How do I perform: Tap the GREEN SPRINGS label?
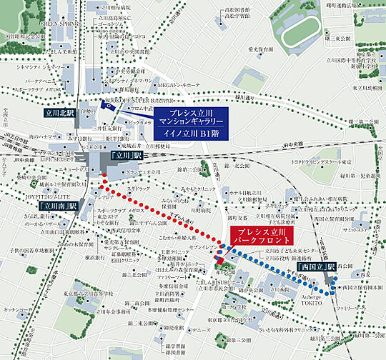(x=58, y=23)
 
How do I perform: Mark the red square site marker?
(x=219, y=266)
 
